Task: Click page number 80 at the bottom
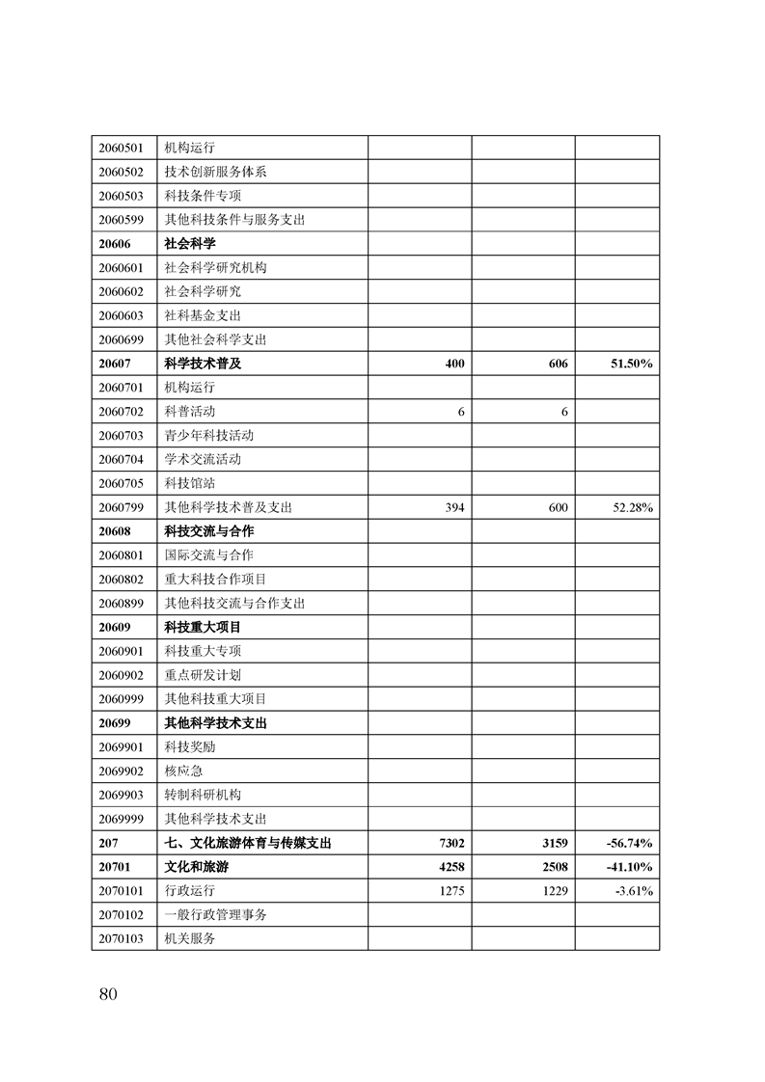tap(107, 994)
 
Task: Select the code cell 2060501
tap(121, 149)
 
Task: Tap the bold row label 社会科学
tap(190, 244)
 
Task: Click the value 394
tap(453, 507)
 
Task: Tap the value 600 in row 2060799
tap(558, 507)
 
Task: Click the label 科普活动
tap(190, 412)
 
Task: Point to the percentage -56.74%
tap(629, 843)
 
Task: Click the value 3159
tap(555, 843)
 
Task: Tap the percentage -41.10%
tap(629, 867)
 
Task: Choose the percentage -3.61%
tap(634, 891)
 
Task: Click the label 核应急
tap(183, 771)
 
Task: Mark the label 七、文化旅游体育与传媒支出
tap(249, 843)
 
